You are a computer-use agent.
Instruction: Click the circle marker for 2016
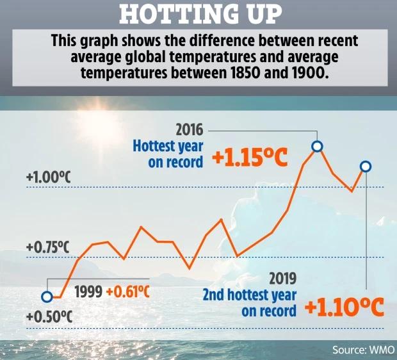[x=316, y=147]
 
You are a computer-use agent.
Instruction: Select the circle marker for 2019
[x=366, y=167]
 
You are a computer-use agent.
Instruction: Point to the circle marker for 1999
[x=46, y=297]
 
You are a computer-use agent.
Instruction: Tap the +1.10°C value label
[x=343, y=308]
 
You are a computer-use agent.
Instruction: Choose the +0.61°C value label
[x=127, y=291]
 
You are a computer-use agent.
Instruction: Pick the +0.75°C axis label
[x=47, y=247]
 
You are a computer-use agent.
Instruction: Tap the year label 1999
[x=88, y=291]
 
